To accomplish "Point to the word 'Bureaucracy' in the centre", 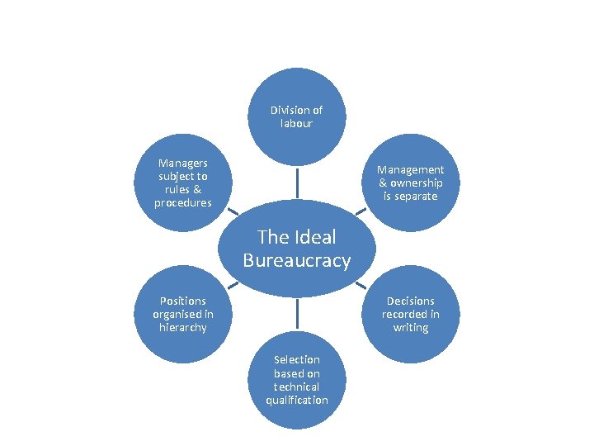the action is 296,261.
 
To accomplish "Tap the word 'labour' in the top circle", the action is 296,123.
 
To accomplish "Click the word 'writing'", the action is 410,328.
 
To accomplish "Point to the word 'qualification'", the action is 296,400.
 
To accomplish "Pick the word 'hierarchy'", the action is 183,328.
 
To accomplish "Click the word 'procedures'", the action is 183,203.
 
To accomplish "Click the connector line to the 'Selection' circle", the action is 296,317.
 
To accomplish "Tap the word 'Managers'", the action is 183,163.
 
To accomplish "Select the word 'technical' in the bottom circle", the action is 296,387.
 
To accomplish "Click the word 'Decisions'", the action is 410,301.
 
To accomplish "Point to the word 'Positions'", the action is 183,301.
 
